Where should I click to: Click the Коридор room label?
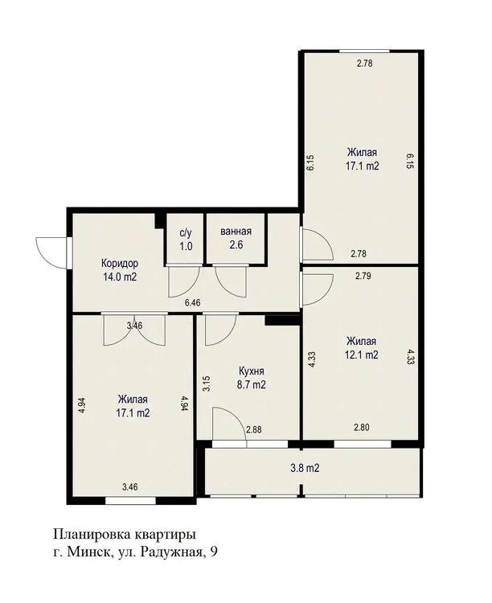point(120,264)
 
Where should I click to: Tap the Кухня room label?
point(252,371)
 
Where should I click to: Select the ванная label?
point(236,232)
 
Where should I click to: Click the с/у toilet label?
point(186,232)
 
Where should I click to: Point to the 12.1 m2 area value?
point(361,355)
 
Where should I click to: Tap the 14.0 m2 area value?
point(119,277)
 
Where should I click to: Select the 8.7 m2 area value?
point(252,384)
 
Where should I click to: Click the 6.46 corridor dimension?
point(193,302)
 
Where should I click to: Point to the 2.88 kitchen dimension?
point(254,429)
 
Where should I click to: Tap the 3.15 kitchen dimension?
point(206,384)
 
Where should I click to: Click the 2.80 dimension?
point(362,427)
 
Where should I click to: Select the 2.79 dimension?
point(363,276)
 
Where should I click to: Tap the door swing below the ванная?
point(230,281)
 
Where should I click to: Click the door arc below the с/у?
point(184,281)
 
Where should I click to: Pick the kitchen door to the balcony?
point(229,424)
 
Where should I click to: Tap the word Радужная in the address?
point(170,552)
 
